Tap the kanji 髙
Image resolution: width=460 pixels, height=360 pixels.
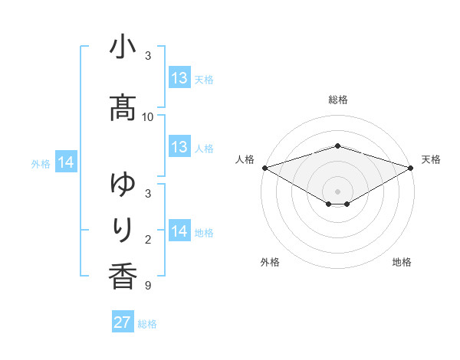coord(123,109)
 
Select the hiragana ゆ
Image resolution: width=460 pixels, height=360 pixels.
coord(123,185)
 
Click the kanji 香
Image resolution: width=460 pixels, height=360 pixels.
coord(123,276)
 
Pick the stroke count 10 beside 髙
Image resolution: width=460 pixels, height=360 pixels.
coord(148,117)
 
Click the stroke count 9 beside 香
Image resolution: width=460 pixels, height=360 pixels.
coord(148,286)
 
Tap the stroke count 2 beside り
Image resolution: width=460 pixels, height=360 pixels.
coord(148,240)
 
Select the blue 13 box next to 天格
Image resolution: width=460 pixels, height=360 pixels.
coord(179,78)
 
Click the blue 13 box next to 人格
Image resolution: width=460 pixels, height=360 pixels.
coord(179,147)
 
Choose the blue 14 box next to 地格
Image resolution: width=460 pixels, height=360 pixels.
coord(179,231)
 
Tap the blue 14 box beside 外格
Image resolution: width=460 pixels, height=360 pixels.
coord(66,162)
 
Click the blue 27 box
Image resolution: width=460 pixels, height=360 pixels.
coord(123,322)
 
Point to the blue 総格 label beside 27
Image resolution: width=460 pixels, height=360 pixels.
coord(148,324)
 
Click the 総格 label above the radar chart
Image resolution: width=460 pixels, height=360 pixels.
coord(338,100)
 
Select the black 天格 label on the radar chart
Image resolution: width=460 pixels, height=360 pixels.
coord(432,159)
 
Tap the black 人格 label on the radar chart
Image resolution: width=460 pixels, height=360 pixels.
coord(245,159)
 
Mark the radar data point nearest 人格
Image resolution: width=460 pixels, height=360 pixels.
coord(264,167)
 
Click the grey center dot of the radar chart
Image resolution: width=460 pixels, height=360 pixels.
coord(338,191)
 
